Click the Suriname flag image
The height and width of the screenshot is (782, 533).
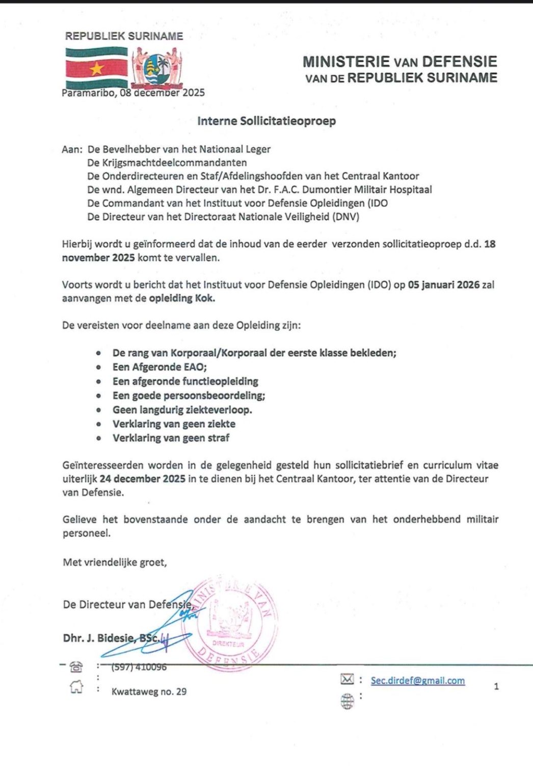[96, 68]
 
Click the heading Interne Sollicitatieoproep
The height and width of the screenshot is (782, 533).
[266, 121]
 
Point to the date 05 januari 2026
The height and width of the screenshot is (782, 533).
[444, 285]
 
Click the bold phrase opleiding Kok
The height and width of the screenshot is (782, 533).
[182, 298]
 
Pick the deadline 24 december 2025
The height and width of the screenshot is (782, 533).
[143, 479]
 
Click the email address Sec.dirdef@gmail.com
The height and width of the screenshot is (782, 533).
[417, 681]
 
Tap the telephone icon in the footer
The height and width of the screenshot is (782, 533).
[77, 666]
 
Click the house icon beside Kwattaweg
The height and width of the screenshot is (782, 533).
[76, 687]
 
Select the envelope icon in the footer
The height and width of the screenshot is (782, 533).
[347, 679]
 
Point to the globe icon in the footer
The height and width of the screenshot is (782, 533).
[347, 702]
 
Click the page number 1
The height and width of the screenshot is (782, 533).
[496, 687]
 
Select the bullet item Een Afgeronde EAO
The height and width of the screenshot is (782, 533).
[159, 367]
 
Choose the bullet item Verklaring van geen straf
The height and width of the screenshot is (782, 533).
[171, 438]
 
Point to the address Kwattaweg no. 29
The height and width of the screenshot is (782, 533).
[149, 691]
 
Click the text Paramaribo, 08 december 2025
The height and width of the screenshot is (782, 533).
[133, 93]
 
